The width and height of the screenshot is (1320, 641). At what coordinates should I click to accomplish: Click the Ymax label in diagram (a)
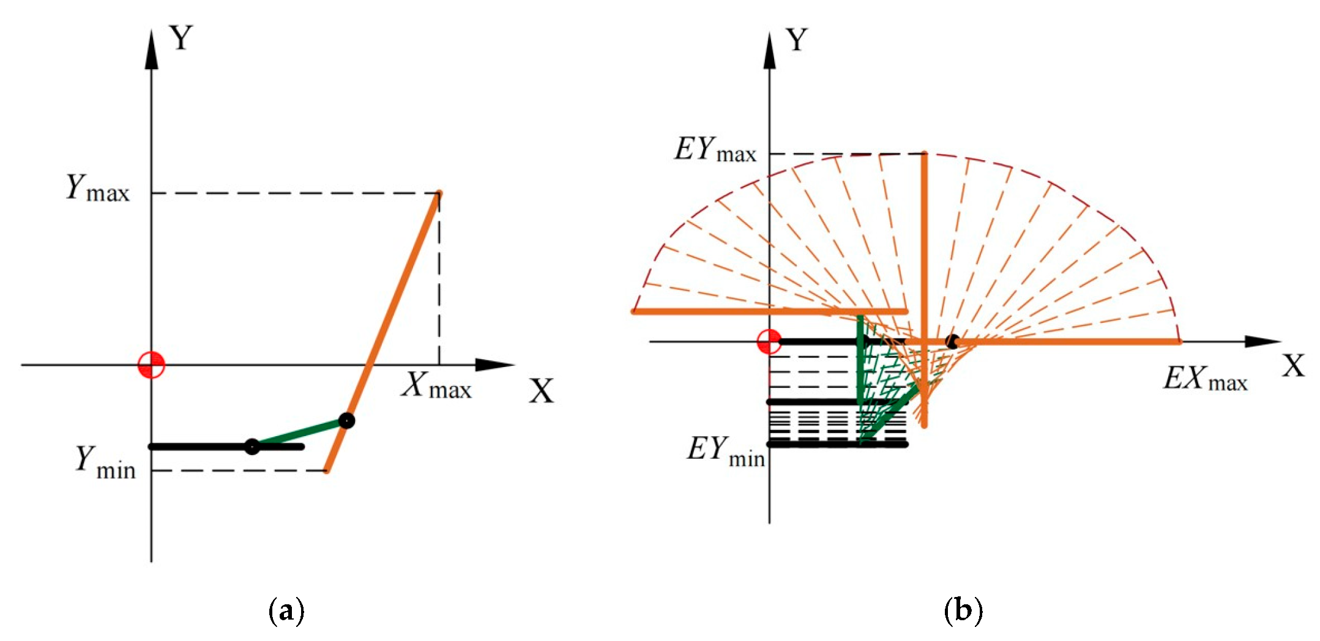pyautogui.click(x=98, y=188)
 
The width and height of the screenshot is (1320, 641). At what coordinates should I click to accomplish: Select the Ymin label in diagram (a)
pyautogui.click(x=105, y=462)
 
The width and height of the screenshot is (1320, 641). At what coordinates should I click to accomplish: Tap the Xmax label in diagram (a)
pyautogui.click(x=437, y=385)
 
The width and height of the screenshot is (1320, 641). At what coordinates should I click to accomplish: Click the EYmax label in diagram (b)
pyautogui.click(x=715, y=149)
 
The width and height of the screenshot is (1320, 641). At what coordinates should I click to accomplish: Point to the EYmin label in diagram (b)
pyautogui.click(x=726, y=451)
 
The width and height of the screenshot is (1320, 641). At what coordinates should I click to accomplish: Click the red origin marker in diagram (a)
pyautogui.click(x=151, y=365)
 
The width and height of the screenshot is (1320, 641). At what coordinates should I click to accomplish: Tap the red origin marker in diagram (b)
pyautogui.click(x=769, y=341)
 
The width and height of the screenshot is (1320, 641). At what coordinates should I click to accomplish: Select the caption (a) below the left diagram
pyautogui.click(x=286, y=610)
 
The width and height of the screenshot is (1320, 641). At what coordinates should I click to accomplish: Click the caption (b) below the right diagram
pyautogui.click(x=963, y=610)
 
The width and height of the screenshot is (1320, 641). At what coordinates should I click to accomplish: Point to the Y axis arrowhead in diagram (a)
pyautogui.click(x=151, y=48)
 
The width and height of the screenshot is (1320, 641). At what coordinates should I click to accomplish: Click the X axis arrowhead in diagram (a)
pyautogui.click(x=495, y=365)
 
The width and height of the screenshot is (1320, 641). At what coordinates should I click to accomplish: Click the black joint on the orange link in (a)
pyautogui.click(x=346, y=421)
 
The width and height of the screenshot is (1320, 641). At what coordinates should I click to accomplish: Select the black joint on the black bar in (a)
pyautogui.click(x=252, y=446)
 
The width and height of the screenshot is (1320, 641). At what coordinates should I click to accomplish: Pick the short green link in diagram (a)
pyautogui.click(x=299, y=434)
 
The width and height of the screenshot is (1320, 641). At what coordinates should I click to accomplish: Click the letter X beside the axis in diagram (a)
pyautogui.click(x=542, y=391)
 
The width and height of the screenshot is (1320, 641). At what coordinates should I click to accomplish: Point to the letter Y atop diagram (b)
pyautogui.click(x=797, y=40)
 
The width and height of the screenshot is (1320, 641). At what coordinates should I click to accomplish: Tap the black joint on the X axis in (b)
pyautogui.click(x=952, y=341)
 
